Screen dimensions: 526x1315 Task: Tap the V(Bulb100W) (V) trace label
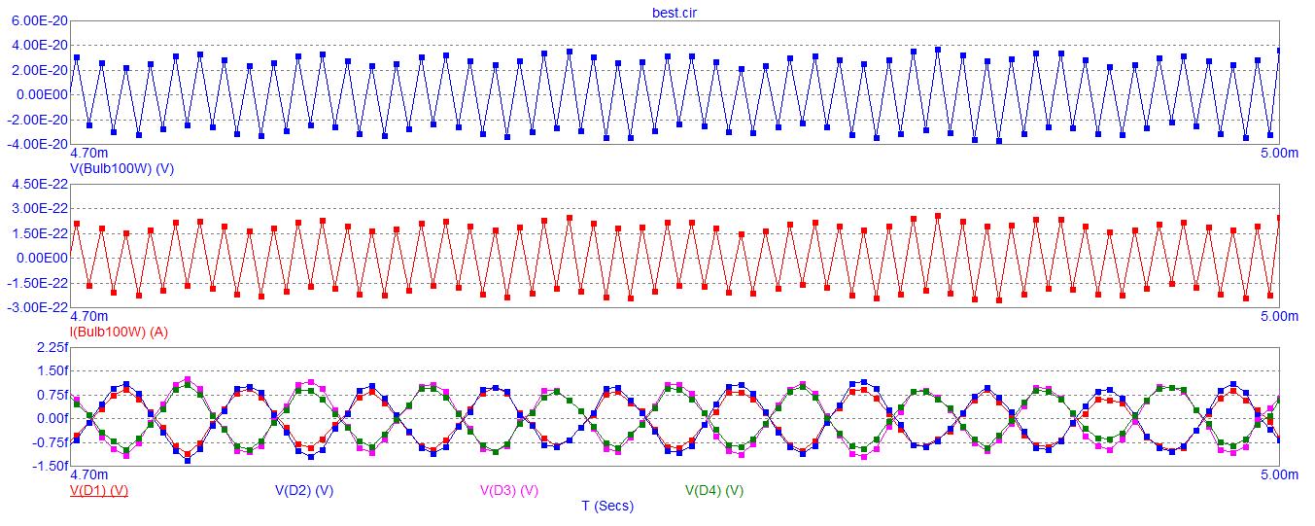click(x=121, y=168)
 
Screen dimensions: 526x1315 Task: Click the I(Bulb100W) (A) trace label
click(x=119, y=332)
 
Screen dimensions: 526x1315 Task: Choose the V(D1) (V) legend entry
click(x=99, y=490)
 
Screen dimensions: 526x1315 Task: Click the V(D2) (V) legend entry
click(x=304, y=490)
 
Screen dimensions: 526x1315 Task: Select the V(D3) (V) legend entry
click(x=509, y=490)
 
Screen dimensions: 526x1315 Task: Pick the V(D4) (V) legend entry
click(x=714, y=490)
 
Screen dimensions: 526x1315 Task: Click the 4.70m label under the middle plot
click(x=89, y=317)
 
